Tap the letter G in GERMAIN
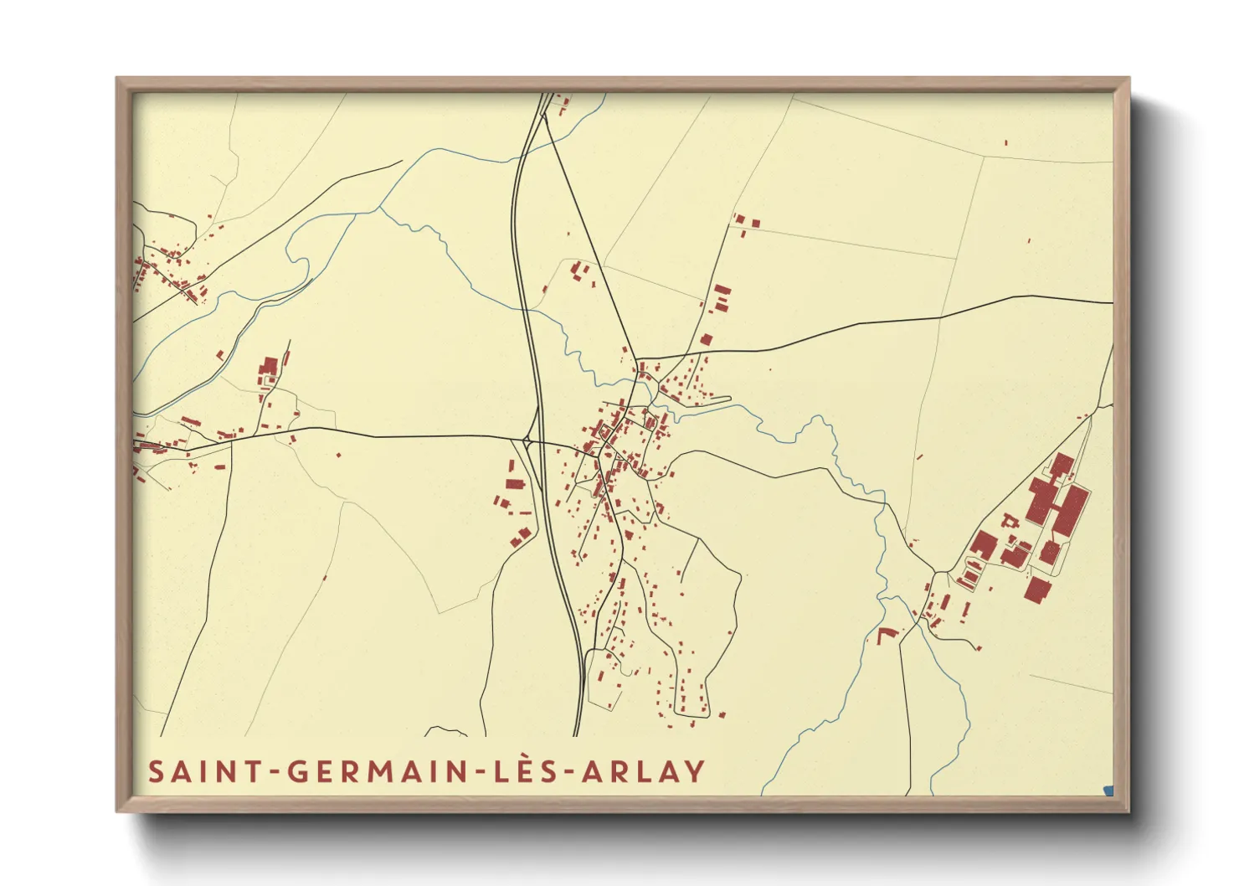point(299,771)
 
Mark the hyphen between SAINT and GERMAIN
point(274,772)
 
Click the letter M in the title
point(382,771)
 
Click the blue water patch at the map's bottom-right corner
point(1109,790)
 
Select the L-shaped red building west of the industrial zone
point(887,634)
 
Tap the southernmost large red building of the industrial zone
point(1037,590)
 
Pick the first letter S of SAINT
point(155,771)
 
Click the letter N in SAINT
point(229,771)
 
